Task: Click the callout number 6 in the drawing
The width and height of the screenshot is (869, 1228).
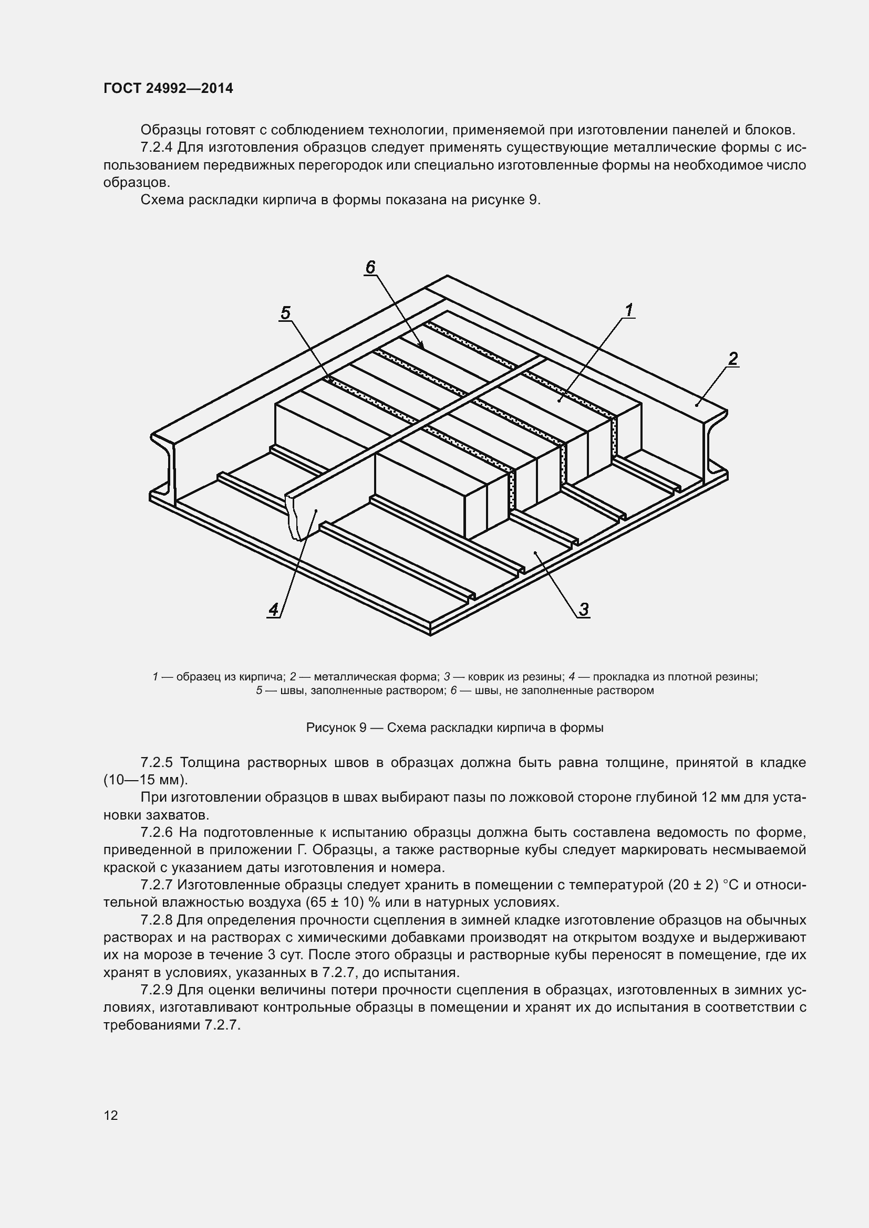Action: pos(370,267)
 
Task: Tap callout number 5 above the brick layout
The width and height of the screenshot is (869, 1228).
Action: pos(285,313)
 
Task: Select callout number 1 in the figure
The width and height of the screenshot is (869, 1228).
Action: pos(629,310)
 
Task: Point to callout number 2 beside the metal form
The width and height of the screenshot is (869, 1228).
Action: pos(732,359)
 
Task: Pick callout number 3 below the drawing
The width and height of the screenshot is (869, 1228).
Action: pos(584,609)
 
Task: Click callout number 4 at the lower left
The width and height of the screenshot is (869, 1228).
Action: pos(273,609)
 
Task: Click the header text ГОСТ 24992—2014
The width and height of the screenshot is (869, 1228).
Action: pos(168,88)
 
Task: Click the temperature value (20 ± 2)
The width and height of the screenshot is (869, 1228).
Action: pos(692,885)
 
